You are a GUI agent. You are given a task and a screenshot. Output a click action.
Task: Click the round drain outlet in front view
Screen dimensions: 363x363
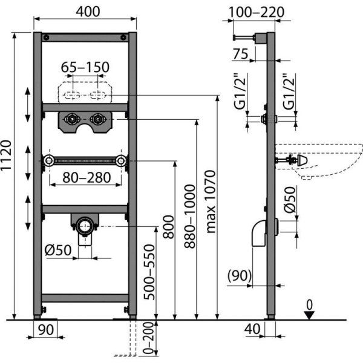84,227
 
